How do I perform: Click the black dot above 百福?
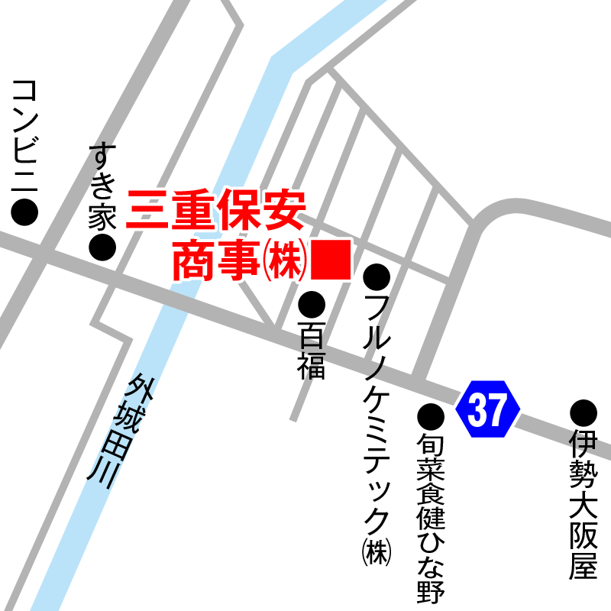[x=312, y=305]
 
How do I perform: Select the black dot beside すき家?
[x=102, y=247]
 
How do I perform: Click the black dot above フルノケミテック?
[x=377, y=276]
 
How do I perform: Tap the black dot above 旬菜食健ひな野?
[x=431, y=416]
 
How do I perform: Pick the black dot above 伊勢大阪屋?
[x=584, y=413]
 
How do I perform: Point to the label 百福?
[x=312, y=351]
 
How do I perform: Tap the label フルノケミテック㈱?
[x=377, y=428]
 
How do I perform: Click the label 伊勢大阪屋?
[x=584, y=504]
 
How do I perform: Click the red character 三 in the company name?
[x=148, y=209]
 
